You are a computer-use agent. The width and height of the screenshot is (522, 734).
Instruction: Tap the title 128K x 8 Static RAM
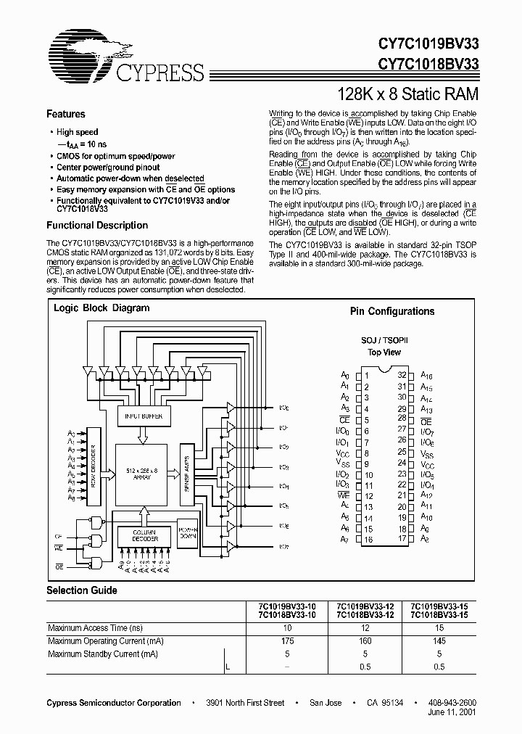coord(409,94)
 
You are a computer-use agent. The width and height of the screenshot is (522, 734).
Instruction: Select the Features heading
coord(66,114)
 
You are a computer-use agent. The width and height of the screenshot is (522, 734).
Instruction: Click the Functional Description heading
coord(97,225)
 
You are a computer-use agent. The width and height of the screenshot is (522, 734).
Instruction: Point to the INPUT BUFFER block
coord(144,416)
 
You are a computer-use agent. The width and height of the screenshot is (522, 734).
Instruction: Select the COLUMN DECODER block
coord(144,537)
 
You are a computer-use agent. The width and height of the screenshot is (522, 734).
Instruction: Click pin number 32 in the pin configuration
coord(402,375)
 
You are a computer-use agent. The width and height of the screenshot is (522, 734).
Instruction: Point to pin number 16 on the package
coord(368,540)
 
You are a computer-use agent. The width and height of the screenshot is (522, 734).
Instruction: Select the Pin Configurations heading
coord(392,311)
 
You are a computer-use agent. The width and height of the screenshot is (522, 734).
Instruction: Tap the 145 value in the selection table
coord(439,640)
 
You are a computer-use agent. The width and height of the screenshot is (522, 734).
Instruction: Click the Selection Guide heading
coord(82,590)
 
